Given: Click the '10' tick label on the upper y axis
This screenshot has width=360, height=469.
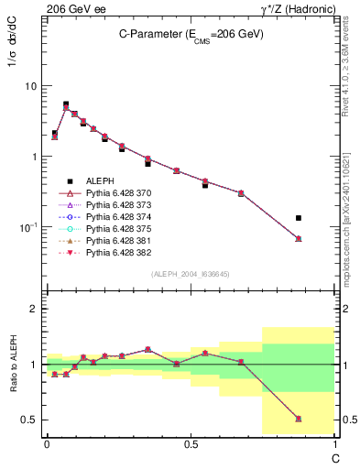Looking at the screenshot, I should [30, 86].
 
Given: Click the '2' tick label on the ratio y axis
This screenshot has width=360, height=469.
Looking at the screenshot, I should [35, 309].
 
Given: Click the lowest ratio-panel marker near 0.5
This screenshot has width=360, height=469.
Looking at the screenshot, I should [299, 419].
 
